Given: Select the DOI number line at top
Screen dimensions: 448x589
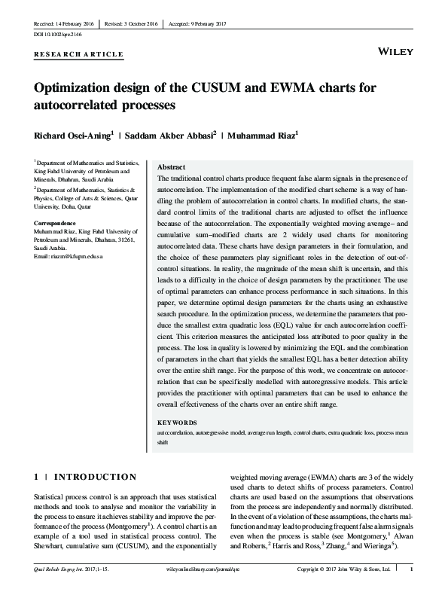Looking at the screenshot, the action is point(58,35).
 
